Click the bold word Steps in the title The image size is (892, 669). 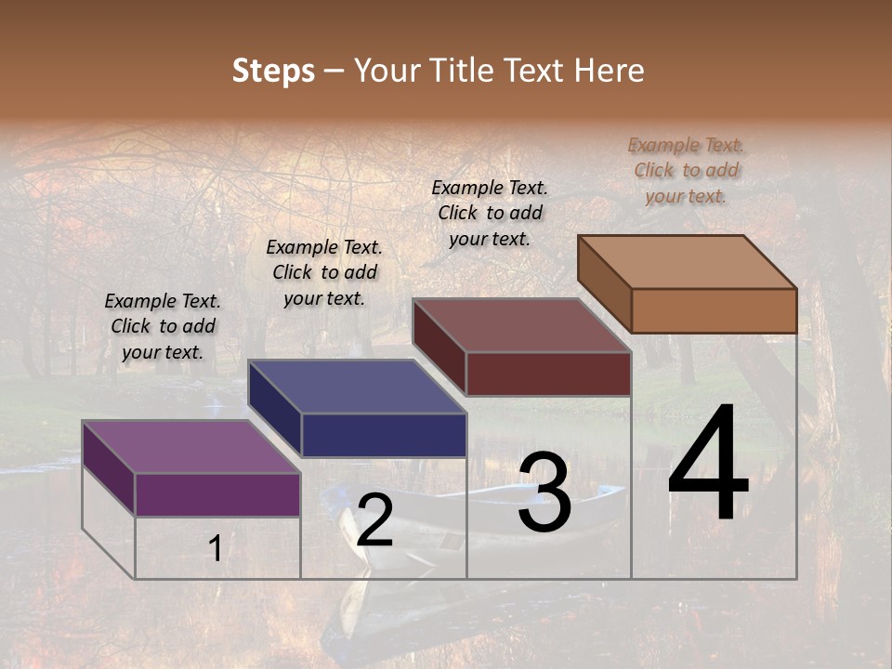pos(273,71)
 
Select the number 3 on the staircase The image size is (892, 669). pos(544,493)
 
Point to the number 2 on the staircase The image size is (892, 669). pos(374,520)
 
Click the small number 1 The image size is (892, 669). pos(215,549)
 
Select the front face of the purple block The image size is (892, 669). pos(217,494)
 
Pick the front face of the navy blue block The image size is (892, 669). pos(384,435)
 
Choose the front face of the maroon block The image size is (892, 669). pos(548,374)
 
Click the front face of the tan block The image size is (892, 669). pos(714,310)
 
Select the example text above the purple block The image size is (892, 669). pos(163,326)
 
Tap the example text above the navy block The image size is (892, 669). pos(324,272)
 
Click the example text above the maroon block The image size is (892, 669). pos(490,213)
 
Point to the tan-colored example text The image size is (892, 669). pos(686,170)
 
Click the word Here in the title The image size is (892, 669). pos(610,71)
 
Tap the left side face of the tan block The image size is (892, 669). pos(605,283)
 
